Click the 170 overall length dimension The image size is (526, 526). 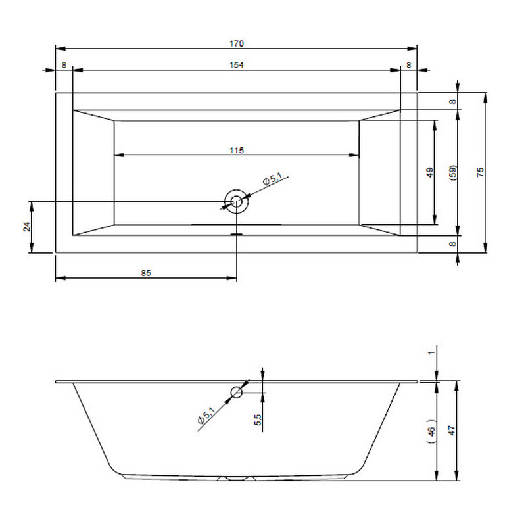point(237,43)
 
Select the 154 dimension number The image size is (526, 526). point(237,65)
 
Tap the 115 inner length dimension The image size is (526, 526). point(237,151)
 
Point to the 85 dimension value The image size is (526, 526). point(146,273)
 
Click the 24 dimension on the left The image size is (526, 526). point(27,227)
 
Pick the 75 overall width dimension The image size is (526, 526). point(480,172)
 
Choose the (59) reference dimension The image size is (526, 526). point(452,173)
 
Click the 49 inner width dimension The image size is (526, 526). point(429,173)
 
